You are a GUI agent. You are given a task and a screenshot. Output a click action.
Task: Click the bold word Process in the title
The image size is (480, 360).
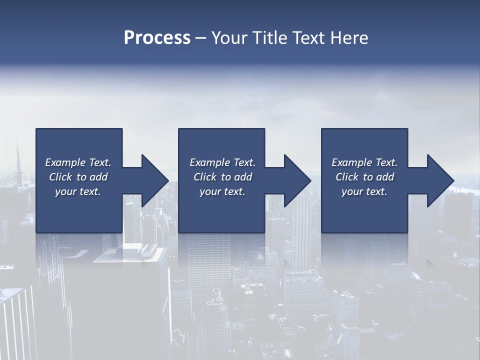pyautogui.click(x=157, y=38)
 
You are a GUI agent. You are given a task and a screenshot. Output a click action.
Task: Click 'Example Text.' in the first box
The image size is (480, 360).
pyautogui.click(x=78, y=162)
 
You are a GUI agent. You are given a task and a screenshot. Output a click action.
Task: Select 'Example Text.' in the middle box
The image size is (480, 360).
pyautogui.click(x=222, y=162)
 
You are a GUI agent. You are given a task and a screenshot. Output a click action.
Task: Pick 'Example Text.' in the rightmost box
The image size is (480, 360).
pyautogui.click(x=364, y=162)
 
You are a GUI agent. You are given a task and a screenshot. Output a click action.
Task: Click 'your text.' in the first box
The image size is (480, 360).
pyautogui.click(x=78, y=191)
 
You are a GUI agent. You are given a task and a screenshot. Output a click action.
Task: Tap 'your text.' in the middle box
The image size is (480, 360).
pyautogui.click(x=222, y=191)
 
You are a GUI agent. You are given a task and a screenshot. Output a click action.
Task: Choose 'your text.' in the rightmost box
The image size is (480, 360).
pyautogui.click(x=364, y=191)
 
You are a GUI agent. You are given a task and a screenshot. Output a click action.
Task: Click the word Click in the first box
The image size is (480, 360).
pyautogui.click(x=60, y=177)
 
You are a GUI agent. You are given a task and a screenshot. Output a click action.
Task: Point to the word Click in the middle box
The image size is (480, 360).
pyautogui.click(x=204, y=177)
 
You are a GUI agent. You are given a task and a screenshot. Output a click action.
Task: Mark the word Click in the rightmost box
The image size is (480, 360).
pyautogui.click(x=347, y=177)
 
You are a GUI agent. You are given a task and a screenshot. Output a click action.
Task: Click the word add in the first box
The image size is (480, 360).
pyautogui.click(x=98, y=177)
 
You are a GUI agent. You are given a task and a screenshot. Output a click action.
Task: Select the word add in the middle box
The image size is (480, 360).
pyautogui.click(x=243, y=177)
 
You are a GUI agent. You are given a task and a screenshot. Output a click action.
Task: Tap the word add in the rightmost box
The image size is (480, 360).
pyautogui.click(x=385, y=177)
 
